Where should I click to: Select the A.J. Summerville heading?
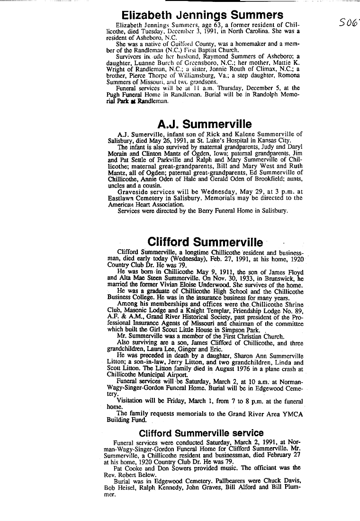click(204, 124)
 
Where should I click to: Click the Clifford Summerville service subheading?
click(201, 433)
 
